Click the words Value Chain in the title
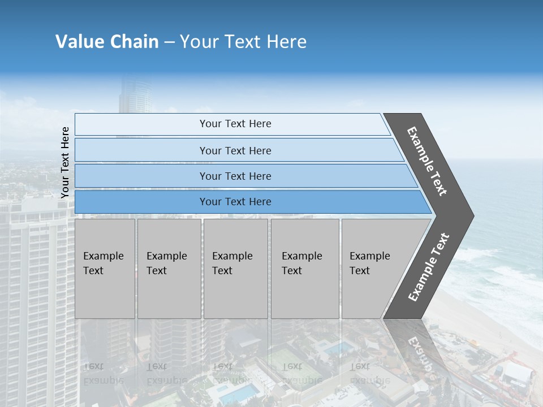[107, 42]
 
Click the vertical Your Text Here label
[66, 162]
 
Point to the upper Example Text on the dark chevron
[428, 161]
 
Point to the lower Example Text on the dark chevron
[429, 267]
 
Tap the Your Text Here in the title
[243, 42]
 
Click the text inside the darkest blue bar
[235, 202]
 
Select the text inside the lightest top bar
[235, 124]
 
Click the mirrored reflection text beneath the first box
[104, 374]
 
